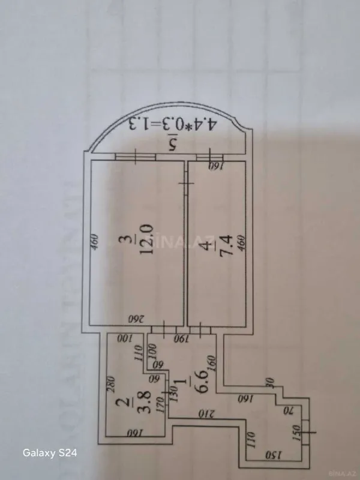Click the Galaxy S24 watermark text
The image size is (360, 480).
click(x=49, y=452)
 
